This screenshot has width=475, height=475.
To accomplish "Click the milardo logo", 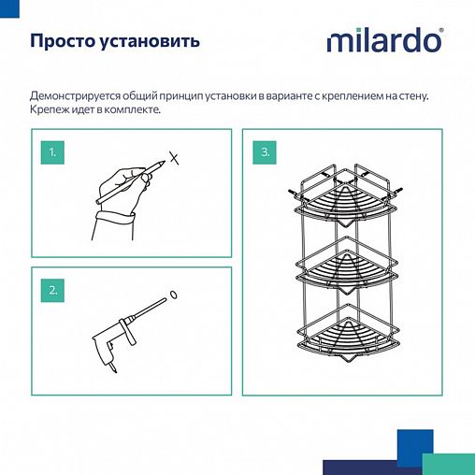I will pos(384,43).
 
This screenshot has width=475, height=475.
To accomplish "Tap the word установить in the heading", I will pos(154,43).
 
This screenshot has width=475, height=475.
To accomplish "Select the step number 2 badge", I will pos(54,289).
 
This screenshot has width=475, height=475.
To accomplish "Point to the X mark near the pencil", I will pos(172,158).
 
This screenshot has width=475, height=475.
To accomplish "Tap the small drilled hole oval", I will pos(174,298).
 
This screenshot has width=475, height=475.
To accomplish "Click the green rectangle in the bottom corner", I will pos(448,466).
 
